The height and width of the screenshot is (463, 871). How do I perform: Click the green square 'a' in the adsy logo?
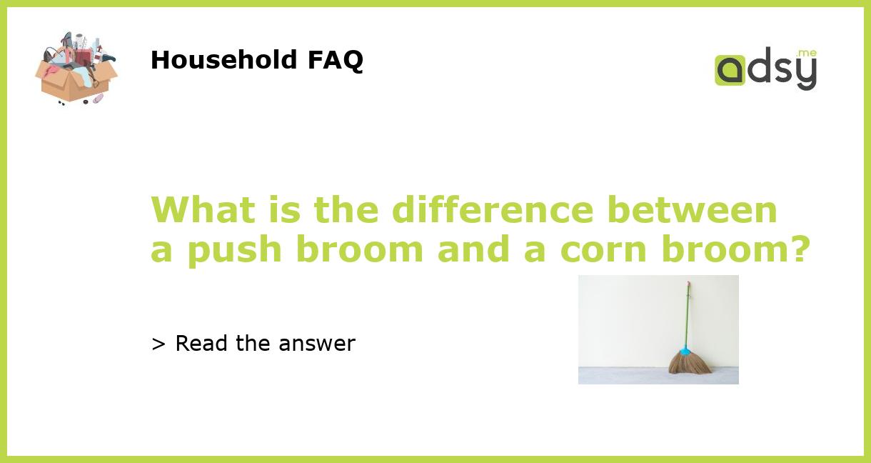(x=730, y=71)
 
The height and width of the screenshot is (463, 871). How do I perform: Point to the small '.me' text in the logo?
(x=806, y=53)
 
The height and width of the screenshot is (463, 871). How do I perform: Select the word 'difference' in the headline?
(x=492, y=210)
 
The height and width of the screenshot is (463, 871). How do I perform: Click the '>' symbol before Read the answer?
(x=158, y=344)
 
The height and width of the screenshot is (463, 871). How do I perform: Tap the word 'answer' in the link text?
(x=317, y=344)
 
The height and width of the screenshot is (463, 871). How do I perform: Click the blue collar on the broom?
(x=685, y=351)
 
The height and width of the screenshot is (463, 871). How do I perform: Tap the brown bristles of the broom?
(x=689, y=365)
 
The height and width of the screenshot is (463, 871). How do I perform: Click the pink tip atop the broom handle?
(x=689, y=284)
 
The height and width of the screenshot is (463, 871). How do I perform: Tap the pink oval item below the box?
(x=98, y=98)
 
